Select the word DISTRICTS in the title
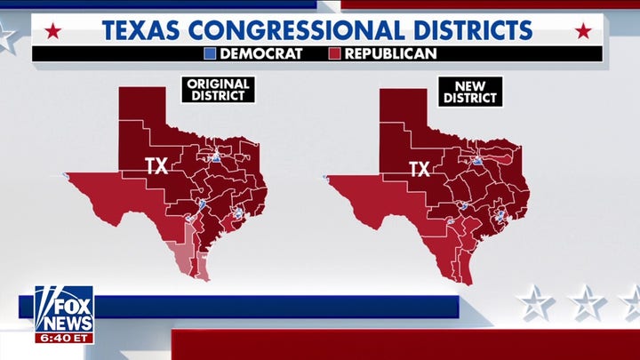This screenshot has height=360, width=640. pyautogui.click(x=476, y=29)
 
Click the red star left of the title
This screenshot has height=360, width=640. pyautogui.click(x=53, y=32)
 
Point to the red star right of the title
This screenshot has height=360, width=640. pyautogui.click(x=583, y=32)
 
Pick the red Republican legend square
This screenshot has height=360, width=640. pyautogui.click(x=336, y=53)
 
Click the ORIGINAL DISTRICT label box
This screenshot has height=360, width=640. pyautogui.click(x=219, y=90)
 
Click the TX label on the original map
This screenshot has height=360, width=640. pyautogui.click(x=156, y=164)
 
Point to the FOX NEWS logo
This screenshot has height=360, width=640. pyautogui.click(x=64, y=308)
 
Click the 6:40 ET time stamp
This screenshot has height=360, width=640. pyautogui.click(x=64, y=338)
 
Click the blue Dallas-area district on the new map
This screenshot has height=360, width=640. pyautogui.click(x=478, y=161)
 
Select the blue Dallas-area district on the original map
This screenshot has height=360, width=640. pyautogui.click(x=216, y=158)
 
